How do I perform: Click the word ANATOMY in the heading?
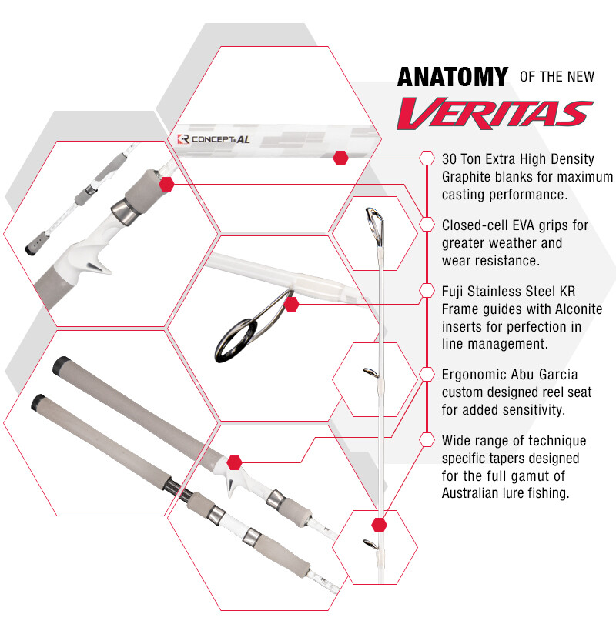[x=453, y=78]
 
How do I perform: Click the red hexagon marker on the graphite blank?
[x=340, y=158]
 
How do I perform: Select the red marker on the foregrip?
[x=166, y=183]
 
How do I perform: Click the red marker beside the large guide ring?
[x=291, y=304]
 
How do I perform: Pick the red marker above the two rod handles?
[x=235, y=462]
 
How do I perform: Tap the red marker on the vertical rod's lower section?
[x=379, y=526]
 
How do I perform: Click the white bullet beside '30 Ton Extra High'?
[x=427, y=158]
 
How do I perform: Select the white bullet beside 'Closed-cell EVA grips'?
[x=427, y=224]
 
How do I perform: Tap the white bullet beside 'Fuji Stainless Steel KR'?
[x=427, y=290]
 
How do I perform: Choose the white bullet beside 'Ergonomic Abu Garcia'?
[x=427, y=374]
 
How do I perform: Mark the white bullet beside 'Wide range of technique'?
[x=427, y=440]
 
